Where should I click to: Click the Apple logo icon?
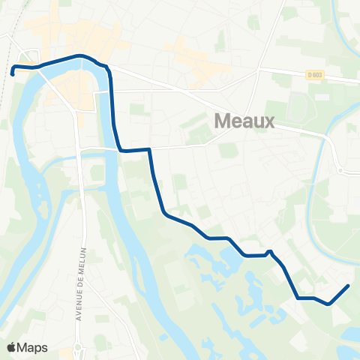10,348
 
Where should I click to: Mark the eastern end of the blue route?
348,286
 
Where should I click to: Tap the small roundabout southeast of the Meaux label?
341,171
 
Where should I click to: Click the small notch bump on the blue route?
268,251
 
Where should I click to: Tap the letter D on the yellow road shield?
309,73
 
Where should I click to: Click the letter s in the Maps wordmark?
45,349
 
